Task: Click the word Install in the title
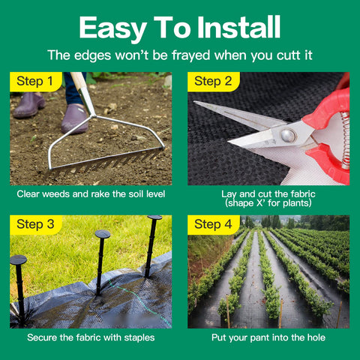[238, 27]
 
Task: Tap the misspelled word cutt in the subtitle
[289, 55]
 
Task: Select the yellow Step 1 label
[36, 82]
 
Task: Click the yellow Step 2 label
[214, 82]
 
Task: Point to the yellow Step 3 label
[36, 224]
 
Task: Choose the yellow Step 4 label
[214, 224]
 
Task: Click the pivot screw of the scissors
[288, 136]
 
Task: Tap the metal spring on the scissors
[345, 140]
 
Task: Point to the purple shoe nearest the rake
[74, 118]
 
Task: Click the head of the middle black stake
[103, 234]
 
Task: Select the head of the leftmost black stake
[18, 260]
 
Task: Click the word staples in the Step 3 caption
[139, 337]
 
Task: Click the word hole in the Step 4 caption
[316, 337]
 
